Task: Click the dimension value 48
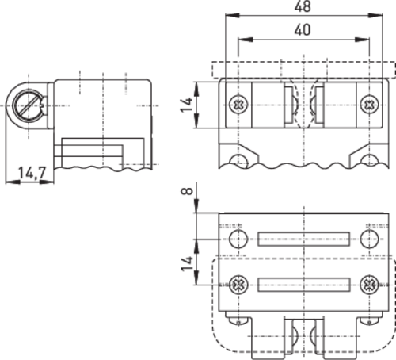tap(303, 6)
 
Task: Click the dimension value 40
tap(303, 29)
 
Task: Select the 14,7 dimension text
tap(32, 173)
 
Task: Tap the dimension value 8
tap(188, 191)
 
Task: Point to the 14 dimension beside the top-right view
tap(187, 105)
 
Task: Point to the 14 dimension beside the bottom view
tap(187, 263)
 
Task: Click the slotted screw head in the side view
tap(28, 105)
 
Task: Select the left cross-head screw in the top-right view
tap(238, 104)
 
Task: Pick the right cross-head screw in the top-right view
tap(369, 104)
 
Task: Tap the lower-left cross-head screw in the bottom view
tap(238, 285)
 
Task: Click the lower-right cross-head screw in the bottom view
tap(369, 285)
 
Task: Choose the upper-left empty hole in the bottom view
tap(238, 239)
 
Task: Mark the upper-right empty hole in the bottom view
tap(369, 239)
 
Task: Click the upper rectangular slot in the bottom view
tap(303, 239)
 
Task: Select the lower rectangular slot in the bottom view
tap(303, 285)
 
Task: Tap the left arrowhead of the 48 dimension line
tap(232, 16)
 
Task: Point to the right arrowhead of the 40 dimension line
tap(362, 40)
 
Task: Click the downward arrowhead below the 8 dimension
tap(196, 205)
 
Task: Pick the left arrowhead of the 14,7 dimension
tap(13, 182)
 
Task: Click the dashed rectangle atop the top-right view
tap(303, 70)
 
